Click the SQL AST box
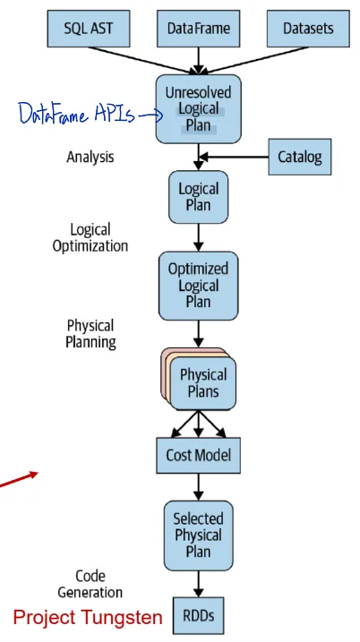(88, 29)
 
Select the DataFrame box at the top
(198, 29)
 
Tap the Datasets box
(307, 29)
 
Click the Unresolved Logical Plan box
(198, 109)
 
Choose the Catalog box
(300, 158)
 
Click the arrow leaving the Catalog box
(235, 158)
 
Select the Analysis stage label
(90, 157)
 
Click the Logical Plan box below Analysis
(198, 197)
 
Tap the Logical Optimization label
(90, 237)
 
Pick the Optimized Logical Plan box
(198, 286)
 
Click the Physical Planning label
(90, 333)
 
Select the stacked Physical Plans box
(201, 381)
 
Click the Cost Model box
(198, 455)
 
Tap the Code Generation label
(90, 584)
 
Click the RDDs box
(198, 616)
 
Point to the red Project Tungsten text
(88, 617)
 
